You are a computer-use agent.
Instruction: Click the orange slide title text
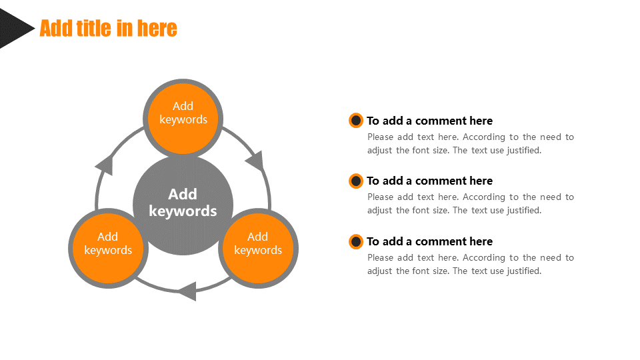pos(108,28)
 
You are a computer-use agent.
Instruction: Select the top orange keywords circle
pos(183,119)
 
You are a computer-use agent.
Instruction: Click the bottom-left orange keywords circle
pos(108,249)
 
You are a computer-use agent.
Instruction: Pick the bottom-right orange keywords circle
pos(258,249)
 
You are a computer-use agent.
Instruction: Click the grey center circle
pos(183,204)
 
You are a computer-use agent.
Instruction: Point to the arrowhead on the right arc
pos(255,161)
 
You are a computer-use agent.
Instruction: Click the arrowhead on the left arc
pos(105,165)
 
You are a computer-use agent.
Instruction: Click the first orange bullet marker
pos(356,121)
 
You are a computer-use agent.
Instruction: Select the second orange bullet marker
pos(356,181)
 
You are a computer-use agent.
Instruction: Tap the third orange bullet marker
pos(356,241)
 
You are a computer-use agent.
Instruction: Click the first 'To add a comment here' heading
pos(429,121)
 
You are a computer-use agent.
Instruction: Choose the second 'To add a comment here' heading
pos(429,181)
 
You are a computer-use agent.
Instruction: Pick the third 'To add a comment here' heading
pos(429,241)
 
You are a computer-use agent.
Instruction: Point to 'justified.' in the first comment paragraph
pos(524,151)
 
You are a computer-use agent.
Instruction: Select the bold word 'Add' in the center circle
pos(183,194)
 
